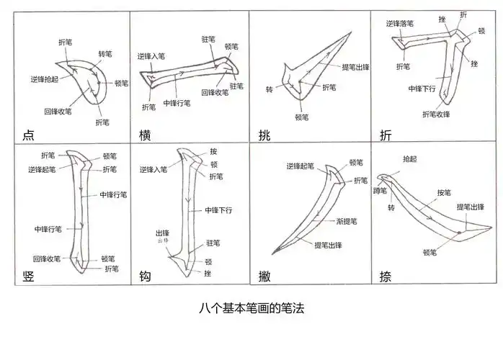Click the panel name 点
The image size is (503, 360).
pos(29,135)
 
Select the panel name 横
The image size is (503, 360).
pos(145,135)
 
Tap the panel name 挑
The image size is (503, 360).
pos(264,135)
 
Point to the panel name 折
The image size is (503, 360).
pos(386,135)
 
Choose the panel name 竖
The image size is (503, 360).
pos(29,276)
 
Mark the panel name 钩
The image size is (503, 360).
pos(145,276)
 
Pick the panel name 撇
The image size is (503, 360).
pos(264,276)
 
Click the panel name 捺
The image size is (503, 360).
pos(386,276)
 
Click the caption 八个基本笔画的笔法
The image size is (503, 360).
pos(251,308)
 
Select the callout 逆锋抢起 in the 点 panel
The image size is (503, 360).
pos(45,78)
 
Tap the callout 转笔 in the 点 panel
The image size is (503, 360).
pos(105,54)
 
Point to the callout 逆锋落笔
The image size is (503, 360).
pos(399,23)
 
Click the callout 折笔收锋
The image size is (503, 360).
pos(436,114)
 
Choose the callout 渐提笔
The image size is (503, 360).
pos(349,220)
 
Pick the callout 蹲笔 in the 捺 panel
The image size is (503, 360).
pos(380,191)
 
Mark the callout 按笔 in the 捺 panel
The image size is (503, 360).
pos(444,193)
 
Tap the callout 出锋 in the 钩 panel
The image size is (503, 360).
pos(163,234)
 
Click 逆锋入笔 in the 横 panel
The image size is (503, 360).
pos(152,55)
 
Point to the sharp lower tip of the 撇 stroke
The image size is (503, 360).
pos(272,252)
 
